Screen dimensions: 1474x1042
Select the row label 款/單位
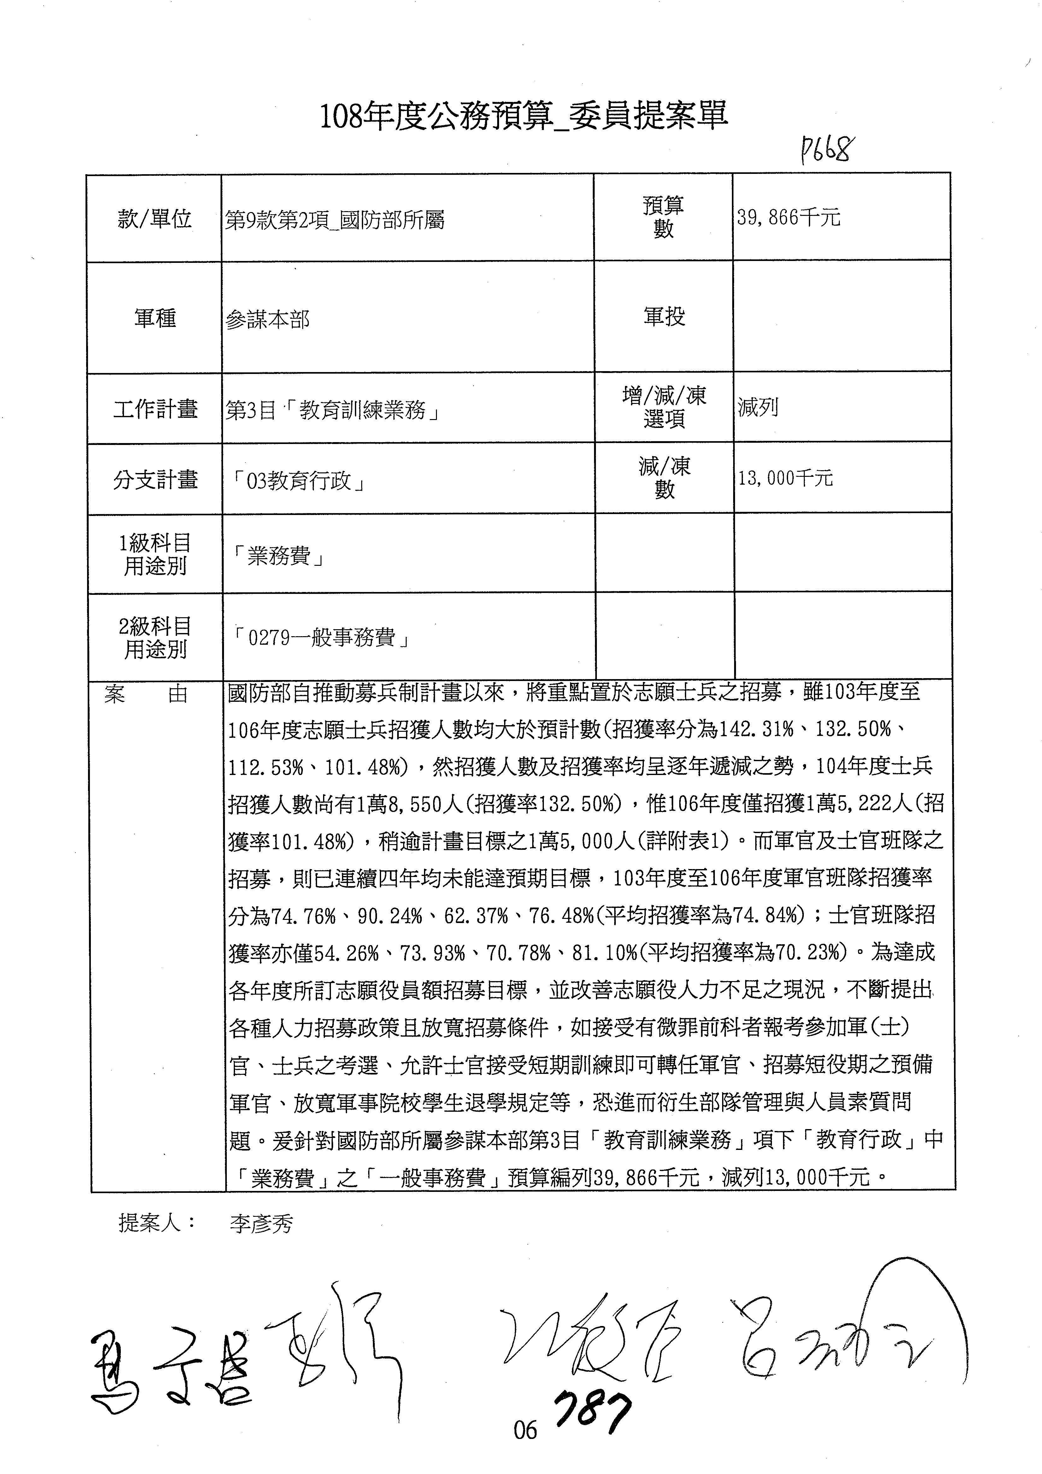pos(155,219)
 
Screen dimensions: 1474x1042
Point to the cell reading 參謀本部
pos(268,320)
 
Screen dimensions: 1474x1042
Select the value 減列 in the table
pos(758,407)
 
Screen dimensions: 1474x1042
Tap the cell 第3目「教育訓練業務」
pos(333,410)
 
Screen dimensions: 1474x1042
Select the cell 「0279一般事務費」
pos(322,637)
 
